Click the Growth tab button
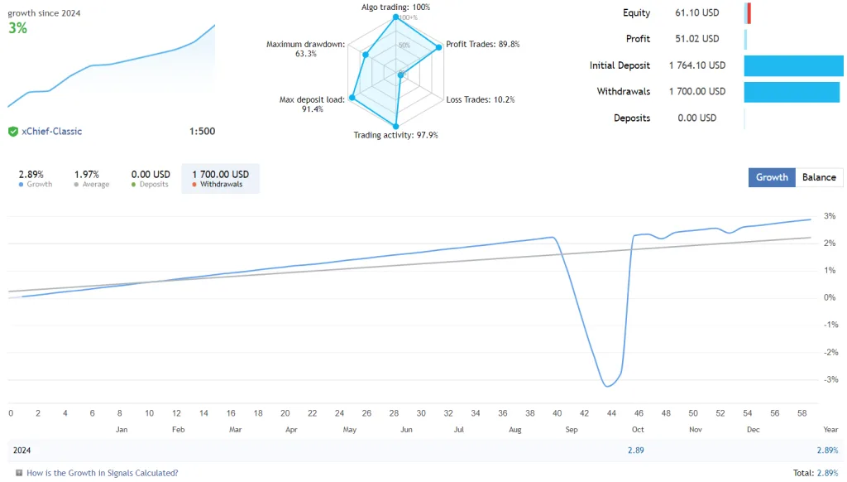(772, 177)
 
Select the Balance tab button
(819, 177)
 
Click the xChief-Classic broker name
(52, 131)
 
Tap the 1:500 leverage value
(202, 131)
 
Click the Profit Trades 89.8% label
(483, 45)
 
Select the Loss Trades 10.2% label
(481, 99)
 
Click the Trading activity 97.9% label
(395, 135)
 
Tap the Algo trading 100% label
(395, 7)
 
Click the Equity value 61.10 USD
(697, 13)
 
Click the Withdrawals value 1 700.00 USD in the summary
(697, 91)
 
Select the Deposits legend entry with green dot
(151, 179)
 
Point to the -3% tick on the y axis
(830, 379)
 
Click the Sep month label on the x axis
(572, 430)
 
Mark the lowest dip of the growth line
(608, 386)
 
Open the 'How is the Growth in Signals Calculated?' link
(102, 473)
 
